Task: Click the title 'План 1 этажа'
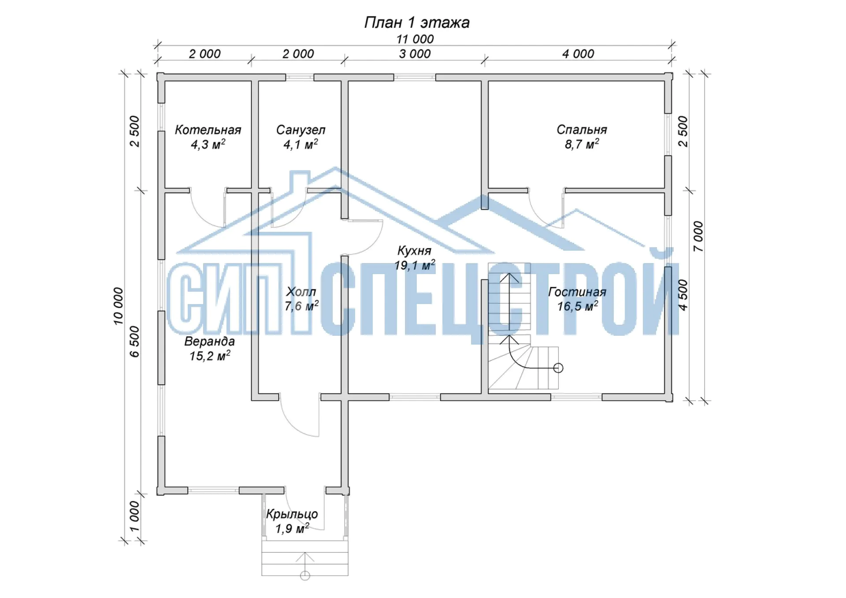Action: tap(417, 22)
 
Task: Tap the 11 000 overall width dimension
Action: tap(415, 39)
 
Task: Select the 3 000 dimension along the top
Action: tap(415, 54)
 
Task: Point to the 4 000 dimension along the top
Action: tap(578, 54)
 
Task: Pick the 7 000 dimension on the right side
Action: tap(698, 237)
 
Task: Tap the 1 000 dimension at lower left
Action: tap(134, 516)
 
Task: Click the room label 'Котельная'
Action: tap(208, 130)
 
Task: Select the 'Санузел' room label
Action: tap(301, 130)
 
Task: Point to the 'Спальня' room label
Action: tap(582, 130)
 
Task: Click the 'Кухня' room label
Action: tap(414, 251)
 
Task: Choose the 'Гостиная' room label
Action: tap(577, 292)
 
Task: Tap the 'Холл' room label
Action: tap(301, 292)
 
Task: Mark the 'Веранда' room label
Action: tap(210, 342)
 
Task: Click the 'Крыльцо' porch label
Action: tap(292, 514)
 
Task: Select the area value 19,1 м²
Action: tap(415, 265)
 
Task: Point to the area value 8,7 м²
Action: tap(582, 144)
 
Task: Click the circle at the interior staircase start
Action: tap(558, 368)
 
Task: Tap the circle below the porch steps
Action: tap(305, 576)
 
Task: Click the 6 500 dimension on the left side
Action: tap(134, 342)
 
